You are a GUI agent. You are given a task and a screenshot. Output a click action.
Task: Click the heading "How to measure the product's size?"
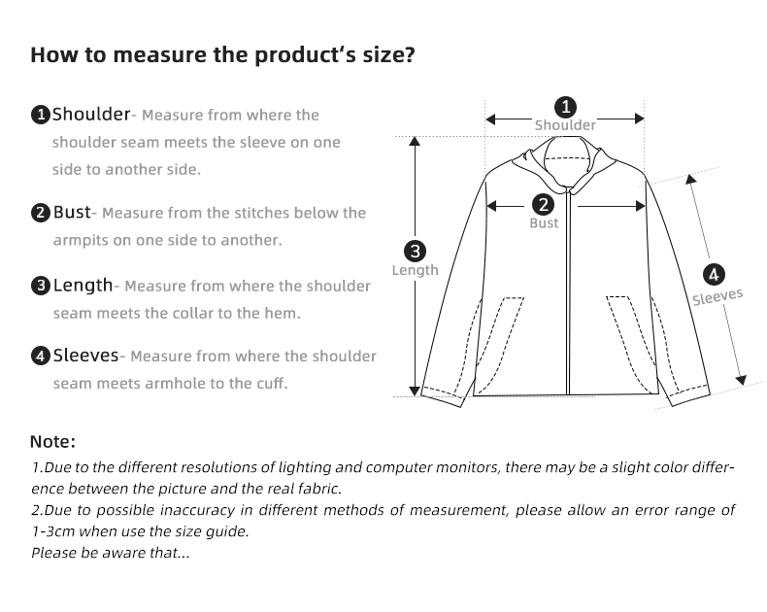tap(222, 54)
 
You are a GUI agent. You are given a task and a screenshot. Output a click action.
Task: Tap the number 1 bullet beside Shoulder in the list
tap(41, 116)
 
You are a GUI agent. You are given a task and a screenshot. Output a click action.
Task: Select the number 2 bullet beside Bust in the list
tap(41, 213)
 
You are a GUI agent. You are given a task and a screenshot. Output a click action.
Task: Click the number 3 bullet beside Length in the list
tap(41, 286)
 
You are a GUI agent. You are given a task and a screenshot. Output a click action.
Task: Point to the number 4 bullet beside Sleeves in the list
tap(41, 356)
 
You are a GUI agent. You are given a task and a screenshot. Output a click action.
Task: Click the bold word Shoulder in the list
tap(90, 115)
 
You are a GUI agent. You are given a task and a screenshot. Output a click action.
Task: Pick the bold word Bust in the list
tap(71, 212)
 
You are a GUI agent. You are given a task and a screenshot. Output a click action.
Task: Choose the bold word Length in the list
tap(83, 285)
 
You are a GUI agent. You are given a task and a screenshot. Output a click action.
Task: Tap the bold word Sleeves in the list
tap(85, 356)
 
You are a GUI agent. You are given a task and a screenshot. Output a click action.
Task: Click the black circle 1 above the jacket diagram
tap(565, 106)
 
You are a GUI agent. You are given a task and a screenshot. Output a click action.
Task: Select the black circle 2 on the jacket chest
tap(544, 205)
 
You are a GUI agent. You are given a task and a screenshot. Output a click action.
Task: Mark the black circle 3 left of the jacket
tap(416, 252)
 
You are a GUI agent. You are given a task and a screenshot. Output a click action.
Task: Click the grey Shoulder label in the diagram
tap(565, 125)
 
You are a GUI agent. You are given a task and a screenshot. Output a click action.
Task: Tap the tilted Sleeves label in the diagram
tap(717, 296)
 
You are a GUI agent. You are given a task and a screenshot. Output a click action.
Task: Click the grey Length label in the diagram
tap(416, 270)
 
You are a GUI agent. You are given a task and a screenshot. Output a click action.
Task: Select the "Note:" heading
tap(52, 442)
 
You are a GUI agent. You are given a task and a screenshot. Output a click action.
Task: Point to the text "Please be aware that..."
tap(110, 553)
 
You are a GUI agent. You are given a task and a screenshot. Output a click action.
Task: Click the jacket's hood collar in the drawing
tap(566, 155)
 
